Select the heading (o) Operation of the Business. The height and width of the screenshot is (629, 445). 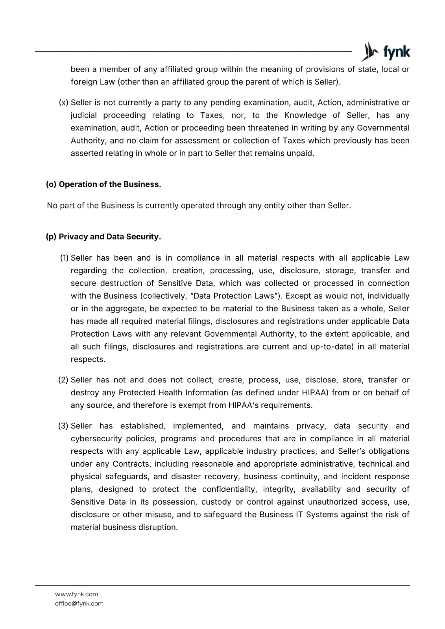pos(103,184)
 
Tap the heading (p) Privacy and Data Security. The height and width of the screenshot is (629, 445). pos(103,237)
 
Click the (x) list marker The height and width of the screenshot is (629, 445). pos(63,103)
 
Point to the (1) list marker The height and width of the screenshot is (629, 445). pos(64,258)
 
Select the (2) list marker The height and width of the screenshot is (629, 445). pos(63,380)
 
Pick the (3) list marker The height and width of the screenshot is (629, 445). pos(63,426)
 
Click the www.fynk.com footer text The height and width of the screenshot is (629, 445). pos(76,594)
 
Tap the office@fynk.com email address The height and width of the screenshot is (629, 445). pos(79,603)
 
